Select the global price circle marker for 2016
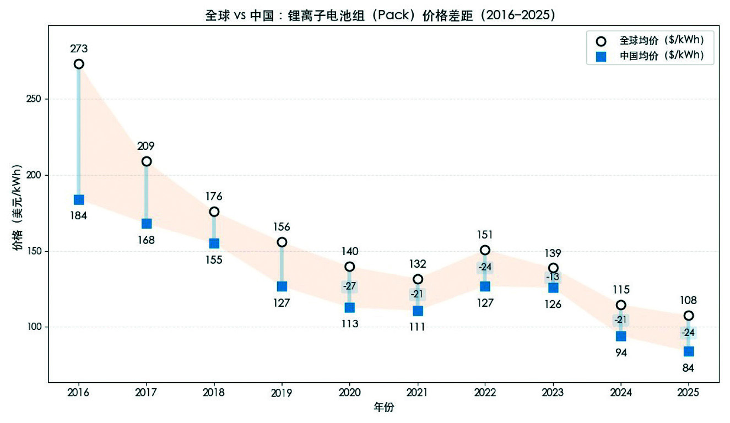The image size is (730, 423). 79,64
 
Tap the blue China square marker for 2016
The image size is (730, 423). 79,199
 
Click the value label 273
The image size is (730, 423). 79,49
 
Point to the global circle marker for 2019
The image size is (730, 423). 282,242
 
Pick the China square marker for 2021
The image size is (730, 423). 418,311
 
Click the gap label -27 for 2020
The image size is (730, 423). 350,286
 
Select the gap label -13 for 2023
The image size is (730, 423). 553,277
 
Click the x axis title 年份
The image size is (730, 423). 383,408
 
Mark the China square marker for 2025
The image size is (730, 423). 689,351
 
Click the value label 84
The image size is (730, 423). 689,368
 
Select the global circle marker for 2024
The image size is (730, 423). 621,305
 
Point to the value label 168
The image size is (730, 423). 147,240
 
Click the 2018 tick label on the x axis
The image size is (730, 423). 214,393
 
